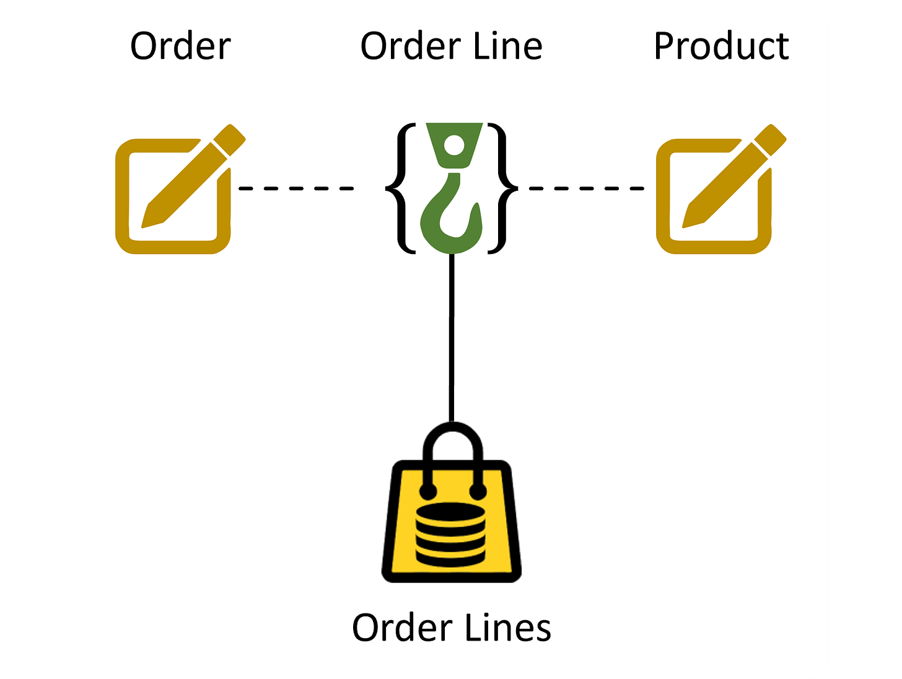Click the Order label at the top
[180, 46]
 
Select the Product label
[721, 46]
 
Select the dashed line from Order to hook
[296, 188]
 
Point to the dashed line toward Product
[585, 188]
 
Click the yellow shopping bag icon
[452, 520]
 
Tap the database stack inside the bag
[450, 533]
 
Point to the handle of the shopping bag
[452, 443]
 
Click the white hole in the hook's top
[455, 146]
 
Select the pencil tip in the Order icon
[149, 220]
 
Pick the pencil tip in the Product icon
[689, 220]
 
